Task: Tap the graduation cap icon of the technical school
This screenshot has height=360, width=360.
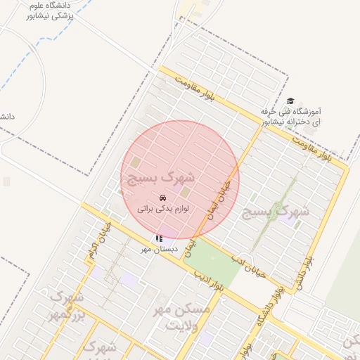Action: tap(290, 101)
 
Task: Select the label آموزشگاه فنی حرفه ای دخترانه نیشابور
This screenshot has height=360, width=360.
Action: tap(290, 116)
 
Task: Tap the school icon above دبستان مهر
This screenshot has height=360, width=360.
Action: tap(160, 239)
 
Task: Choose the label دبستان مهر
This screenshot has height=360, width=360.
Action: tap(155, 249)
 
